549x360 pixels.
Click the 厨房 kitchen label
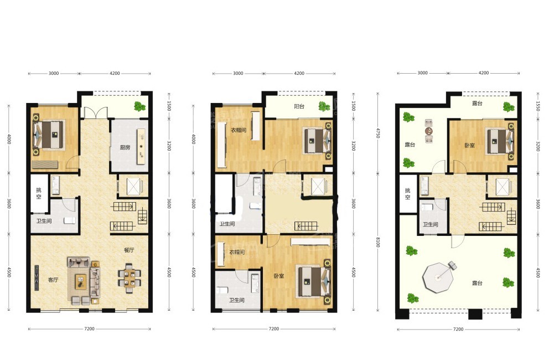pyautogui.click(x=125, y=147)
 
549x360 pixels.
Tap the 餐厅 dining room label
pyautogui.click(x=129, y=250)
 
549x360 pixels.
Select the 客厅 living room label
pyautogui.click(x=53, y=280)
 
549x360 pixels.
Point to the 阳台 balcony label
pyautogui.click(x=299, y=106)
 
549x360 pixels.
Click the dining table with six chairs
pyautogui.click(x=129, y=279)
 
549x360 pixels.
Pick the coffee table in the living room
pyautogui.click(x=81, y=281)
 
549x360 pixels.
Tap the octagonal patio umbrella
pyautogui.click(x=438, y=277)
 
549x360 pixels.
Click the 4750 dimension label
pyautogui.click(x=378, y=133)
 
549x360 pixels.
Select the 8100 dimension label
pyautogui.click(x=378, y=242)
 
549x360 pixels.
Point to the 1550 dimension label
pyautogui.click(x=538, y=106)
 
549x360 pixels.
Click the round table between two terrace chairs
pyautogui.click(x=429, y=131)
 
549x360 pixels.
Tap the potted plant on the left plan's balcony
pyautogui.click(x=140, y=106)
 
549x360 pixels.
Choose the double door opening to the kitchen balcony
pyautogui.click(x=95, y=112)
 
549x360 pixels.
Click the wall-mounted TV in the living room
pyautogui.click(x=37, y=277)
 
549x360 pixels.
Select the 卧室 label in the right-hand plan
pyautogui.click(x=469, y=145)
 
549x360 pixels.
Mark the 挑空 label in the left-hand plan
pyautogui.click(x=39, y=193)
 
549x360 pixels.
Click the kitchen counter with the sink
pyautogui.click(x=142, y=147)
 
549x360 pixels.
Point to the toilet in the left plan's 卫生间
pyautogui.click(x=69, y=221)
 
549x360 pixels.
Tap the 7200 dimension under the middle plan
pyautogui.click(x=274, y=329)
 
